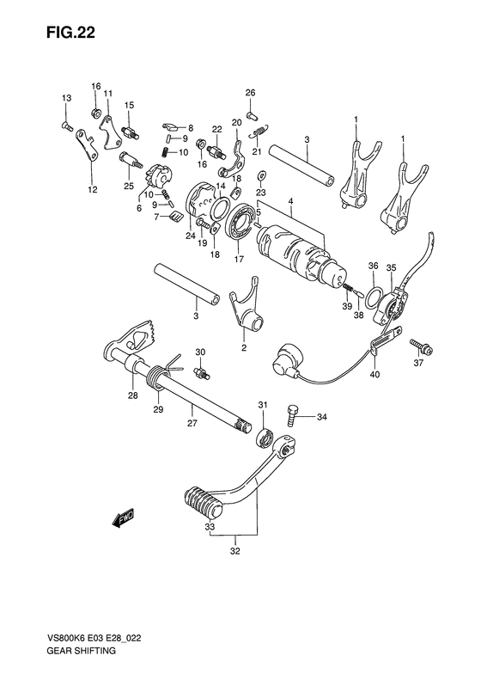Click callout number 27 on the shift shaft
tap(193, 423)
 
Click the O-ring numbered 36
tap(375, 297)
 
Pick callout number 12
tap(92, 189)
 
